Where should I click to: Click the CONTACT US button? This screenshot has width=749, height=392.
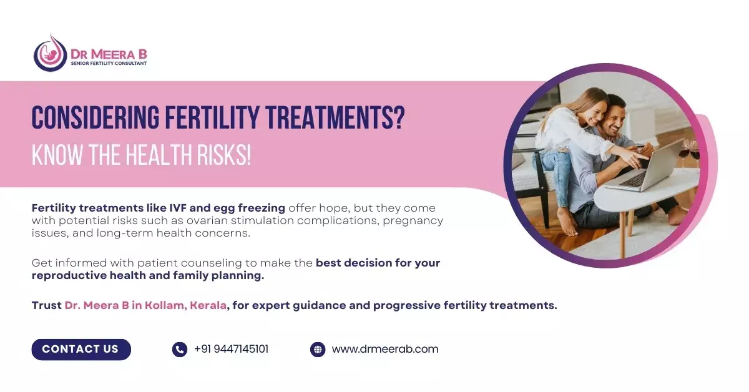point(81,349)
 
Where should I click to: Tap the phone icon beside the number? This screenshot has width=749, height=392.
point(180,350)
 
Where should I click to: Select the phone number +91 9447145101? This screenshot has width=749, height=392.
point(231,349)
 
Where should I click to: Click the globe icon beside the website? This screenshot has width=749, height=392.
point(318,350)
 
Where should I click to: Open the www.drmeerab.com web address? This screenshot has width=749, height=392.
point(385,349)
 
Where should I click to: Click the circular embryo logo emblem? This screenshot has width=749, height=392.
point(51,53)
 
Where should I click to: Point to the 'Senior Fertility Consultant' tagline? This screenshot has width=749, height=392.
point(109,63)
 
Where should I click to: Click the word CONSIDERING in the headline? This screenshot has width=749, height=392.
point(95,117)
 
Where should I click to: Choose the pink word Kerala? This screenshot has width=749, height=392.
point(208,305)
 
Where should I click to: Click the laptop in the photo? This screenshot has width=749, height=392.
point(645,167)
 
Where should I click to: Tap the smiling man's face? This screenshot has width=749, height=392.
point(613,117)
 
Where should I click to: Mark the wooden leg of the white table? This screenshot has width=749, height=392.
point(623,234)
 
